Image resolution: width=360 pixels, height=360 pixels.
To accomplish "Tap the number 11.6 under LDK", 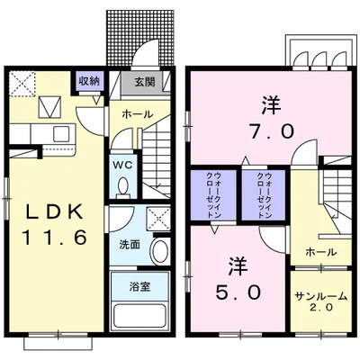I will tap(53, 239).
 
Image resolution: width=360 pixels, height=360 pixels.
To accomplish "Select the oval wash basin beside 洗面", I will tap(159, 249).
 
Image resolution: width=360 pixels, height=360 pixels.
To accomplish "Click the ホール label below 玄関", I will tap(138, 114).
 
